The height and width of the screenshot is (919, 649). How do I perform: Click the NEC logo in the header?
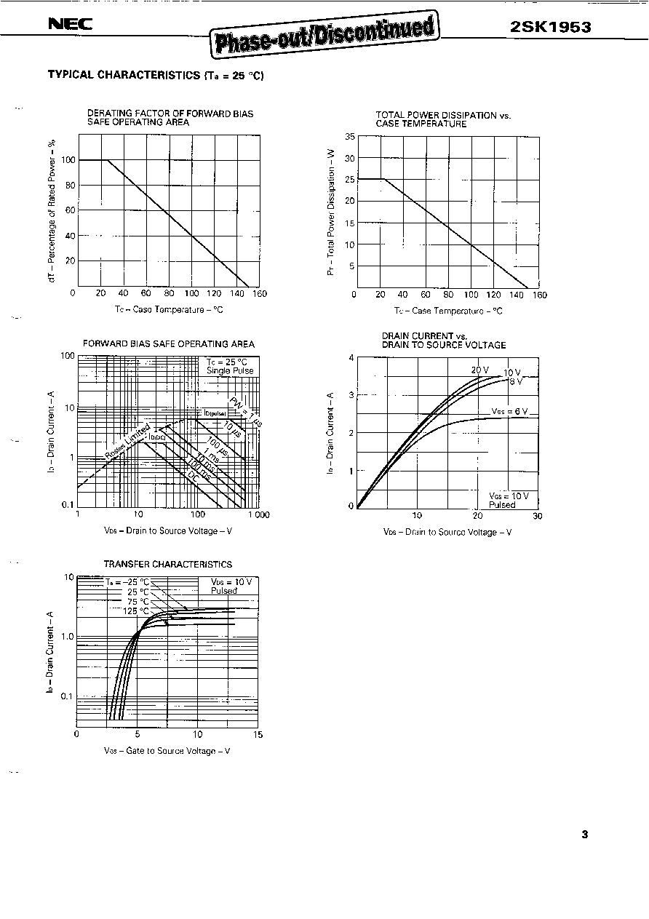70,25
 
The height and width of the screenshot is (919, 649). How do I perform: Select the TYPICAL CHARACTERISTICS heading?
154,74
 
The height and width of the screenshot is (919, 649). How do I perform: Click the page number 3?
584,835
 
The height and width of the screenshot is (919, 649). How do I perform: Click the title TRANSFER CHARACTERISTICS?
167,564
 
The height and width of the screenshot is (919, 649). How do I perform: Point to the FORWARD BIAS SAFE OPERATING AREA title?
168,343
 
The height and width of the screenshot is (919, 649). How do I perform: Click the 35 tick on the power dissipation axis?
349,137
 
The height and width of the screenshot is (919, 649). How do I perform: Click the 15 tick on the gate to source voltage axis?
258,734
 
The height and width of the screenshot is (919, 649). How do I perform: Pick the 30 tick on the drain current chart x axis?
537,516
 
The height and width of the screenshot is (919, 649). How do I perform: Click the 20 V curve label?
479,370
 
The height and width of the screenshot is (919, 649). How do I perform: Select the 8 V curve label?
515,381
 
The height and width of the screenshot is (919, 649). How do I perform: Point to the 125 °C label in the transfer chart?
135,611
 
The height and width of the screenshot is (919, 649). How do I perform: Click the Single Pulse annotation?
230,371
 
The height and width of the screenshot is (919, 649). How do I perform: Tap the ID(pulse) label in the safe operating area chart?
215,413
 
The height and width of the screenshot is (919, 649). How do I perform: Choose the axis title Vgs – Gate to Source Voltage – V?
167,751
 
